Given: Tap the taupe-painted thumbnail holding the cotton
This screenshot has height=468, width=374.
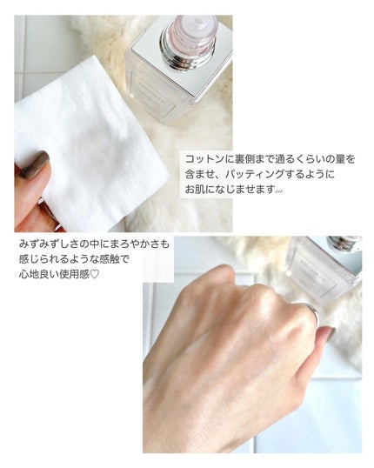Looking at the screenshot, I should click(36, 164).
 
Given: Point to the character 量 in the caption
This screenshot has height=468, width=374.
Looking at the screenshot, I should click(331, 159).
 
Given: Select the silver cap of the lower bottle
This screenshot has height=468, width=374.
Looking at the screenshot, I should click(344, 244).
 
